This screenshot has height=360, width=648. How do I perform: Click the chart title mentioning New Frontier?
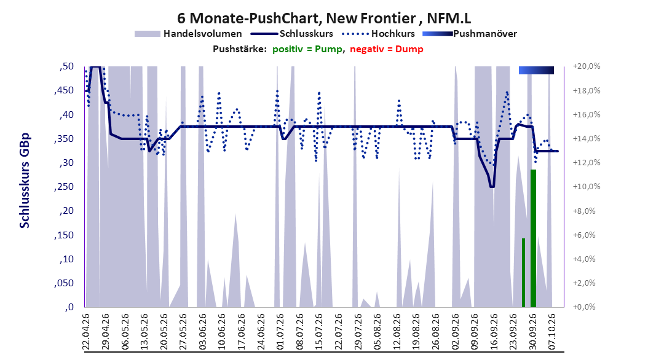click(324, 18)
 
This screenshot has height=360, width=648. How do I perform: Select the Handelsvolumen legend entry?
click(188, 34)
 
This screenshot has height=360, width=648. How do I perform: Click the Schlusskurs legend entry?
click(291, 34)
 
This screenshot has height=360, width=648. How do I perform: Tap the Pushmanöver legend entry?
click(470, 34)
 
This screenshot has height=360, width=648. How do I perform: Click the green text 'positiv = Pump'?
click(307, 49)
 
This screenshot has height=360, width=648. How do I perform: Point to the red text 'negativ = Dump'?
click(387, 49)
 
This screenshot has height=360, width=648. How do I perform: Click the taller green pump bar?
click(533, 238)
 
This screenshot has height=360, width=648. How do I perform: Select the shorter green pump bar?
click(523, 273)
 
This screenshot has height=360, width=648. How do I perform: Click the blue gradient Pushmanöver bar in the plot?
click(536, 71)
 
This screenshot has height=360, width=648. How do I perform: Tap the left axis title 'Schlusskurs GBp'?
click(25, 181)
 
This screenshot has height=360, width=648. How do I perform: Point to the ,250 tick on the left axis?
click(64, 187)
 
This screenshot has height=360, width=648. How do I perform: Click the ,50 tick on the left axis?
click(66, 66)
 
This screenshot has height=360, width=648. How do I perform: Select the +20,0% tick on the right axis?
click(587, 66)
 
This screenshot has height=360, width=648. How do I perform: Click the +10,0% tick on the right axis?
click(587, 187)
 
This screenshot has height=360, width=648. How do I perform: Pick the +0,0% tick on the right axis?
click(585, 307)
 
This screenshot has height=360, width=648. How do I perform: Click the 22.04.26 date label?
click(86, 332)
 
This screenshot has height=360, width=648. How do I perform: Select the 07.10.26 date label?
click(552, 332)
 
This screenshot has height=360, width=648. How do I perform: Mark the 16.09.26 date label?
click(494, 332)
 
